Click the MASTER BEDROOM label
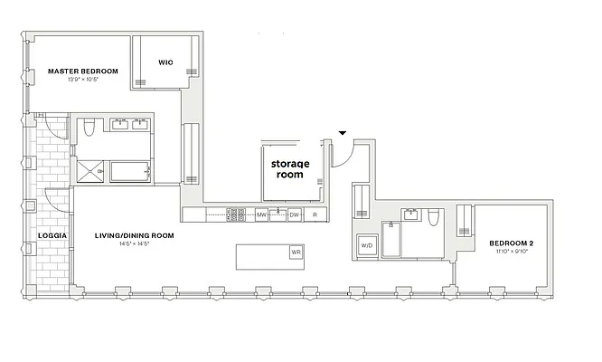click(x=83, y=71)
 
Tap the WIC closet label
click(x=165, y=62)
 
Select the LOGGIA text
click(x=49, y=235)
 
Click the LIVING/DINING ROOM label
click(x=135, y=235)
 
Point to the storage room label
click(x=290, y=168)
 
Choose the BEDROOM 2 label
click(x=513, y=243)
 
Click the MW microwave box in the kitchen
click(x=261, y=215)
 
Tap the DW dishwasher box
click(x=294, y=215)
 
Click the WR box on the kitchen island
click(x=295, y=252)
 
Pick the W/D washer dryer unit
click(x=367, y=245)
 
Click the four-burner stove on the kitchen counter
click(x=237, y=215)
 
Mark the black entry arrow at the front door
click(x=342, y=135)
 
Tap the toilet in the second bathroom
click(x=435, y=217)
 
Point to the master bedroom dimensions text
click(x=82, y=80)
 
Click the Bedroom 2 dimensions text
click(x=512, y=252)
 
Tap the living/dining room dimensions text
click(x=134, y=244)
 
